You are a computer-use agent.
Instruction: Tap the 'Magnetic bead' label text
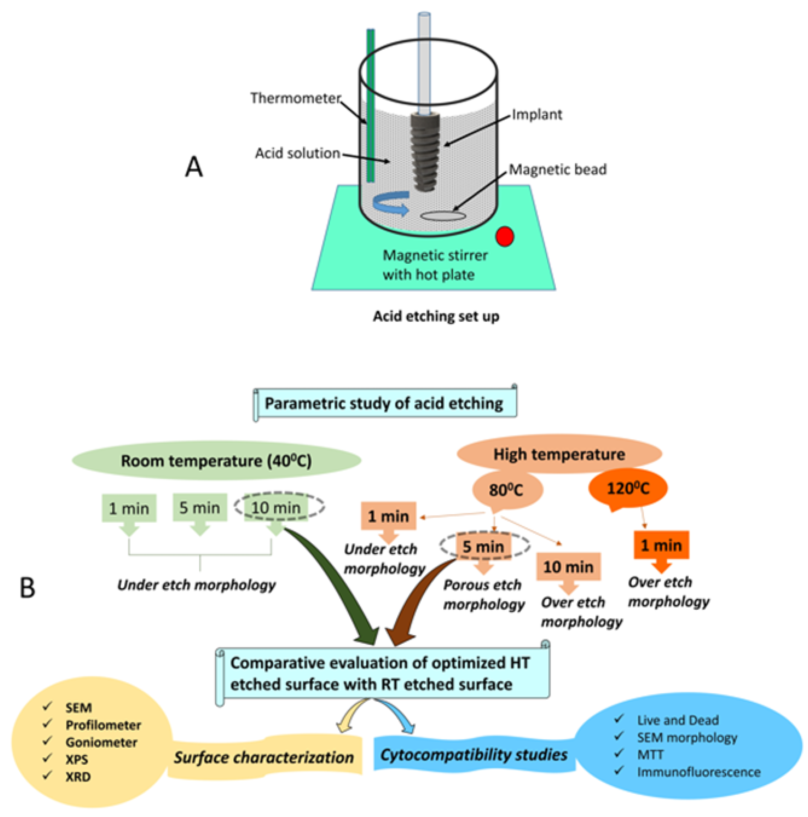(x=558, y=170)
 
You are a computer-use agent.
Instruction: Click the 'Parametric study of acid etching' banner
(x=384, y=403)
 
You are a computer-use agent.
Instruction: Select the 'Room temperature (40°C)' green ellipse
(x=217, y=461)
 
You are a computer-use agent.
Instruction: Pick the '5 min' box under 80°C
(x=484, y=546)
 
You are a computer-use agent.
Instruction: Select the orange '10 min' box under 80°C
(x=568, y=567)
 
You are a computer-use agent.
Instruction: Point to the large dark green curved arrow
(x=338, y=579)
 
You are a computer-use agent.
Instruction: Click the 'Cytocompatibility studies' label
(x=474, y=755)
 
